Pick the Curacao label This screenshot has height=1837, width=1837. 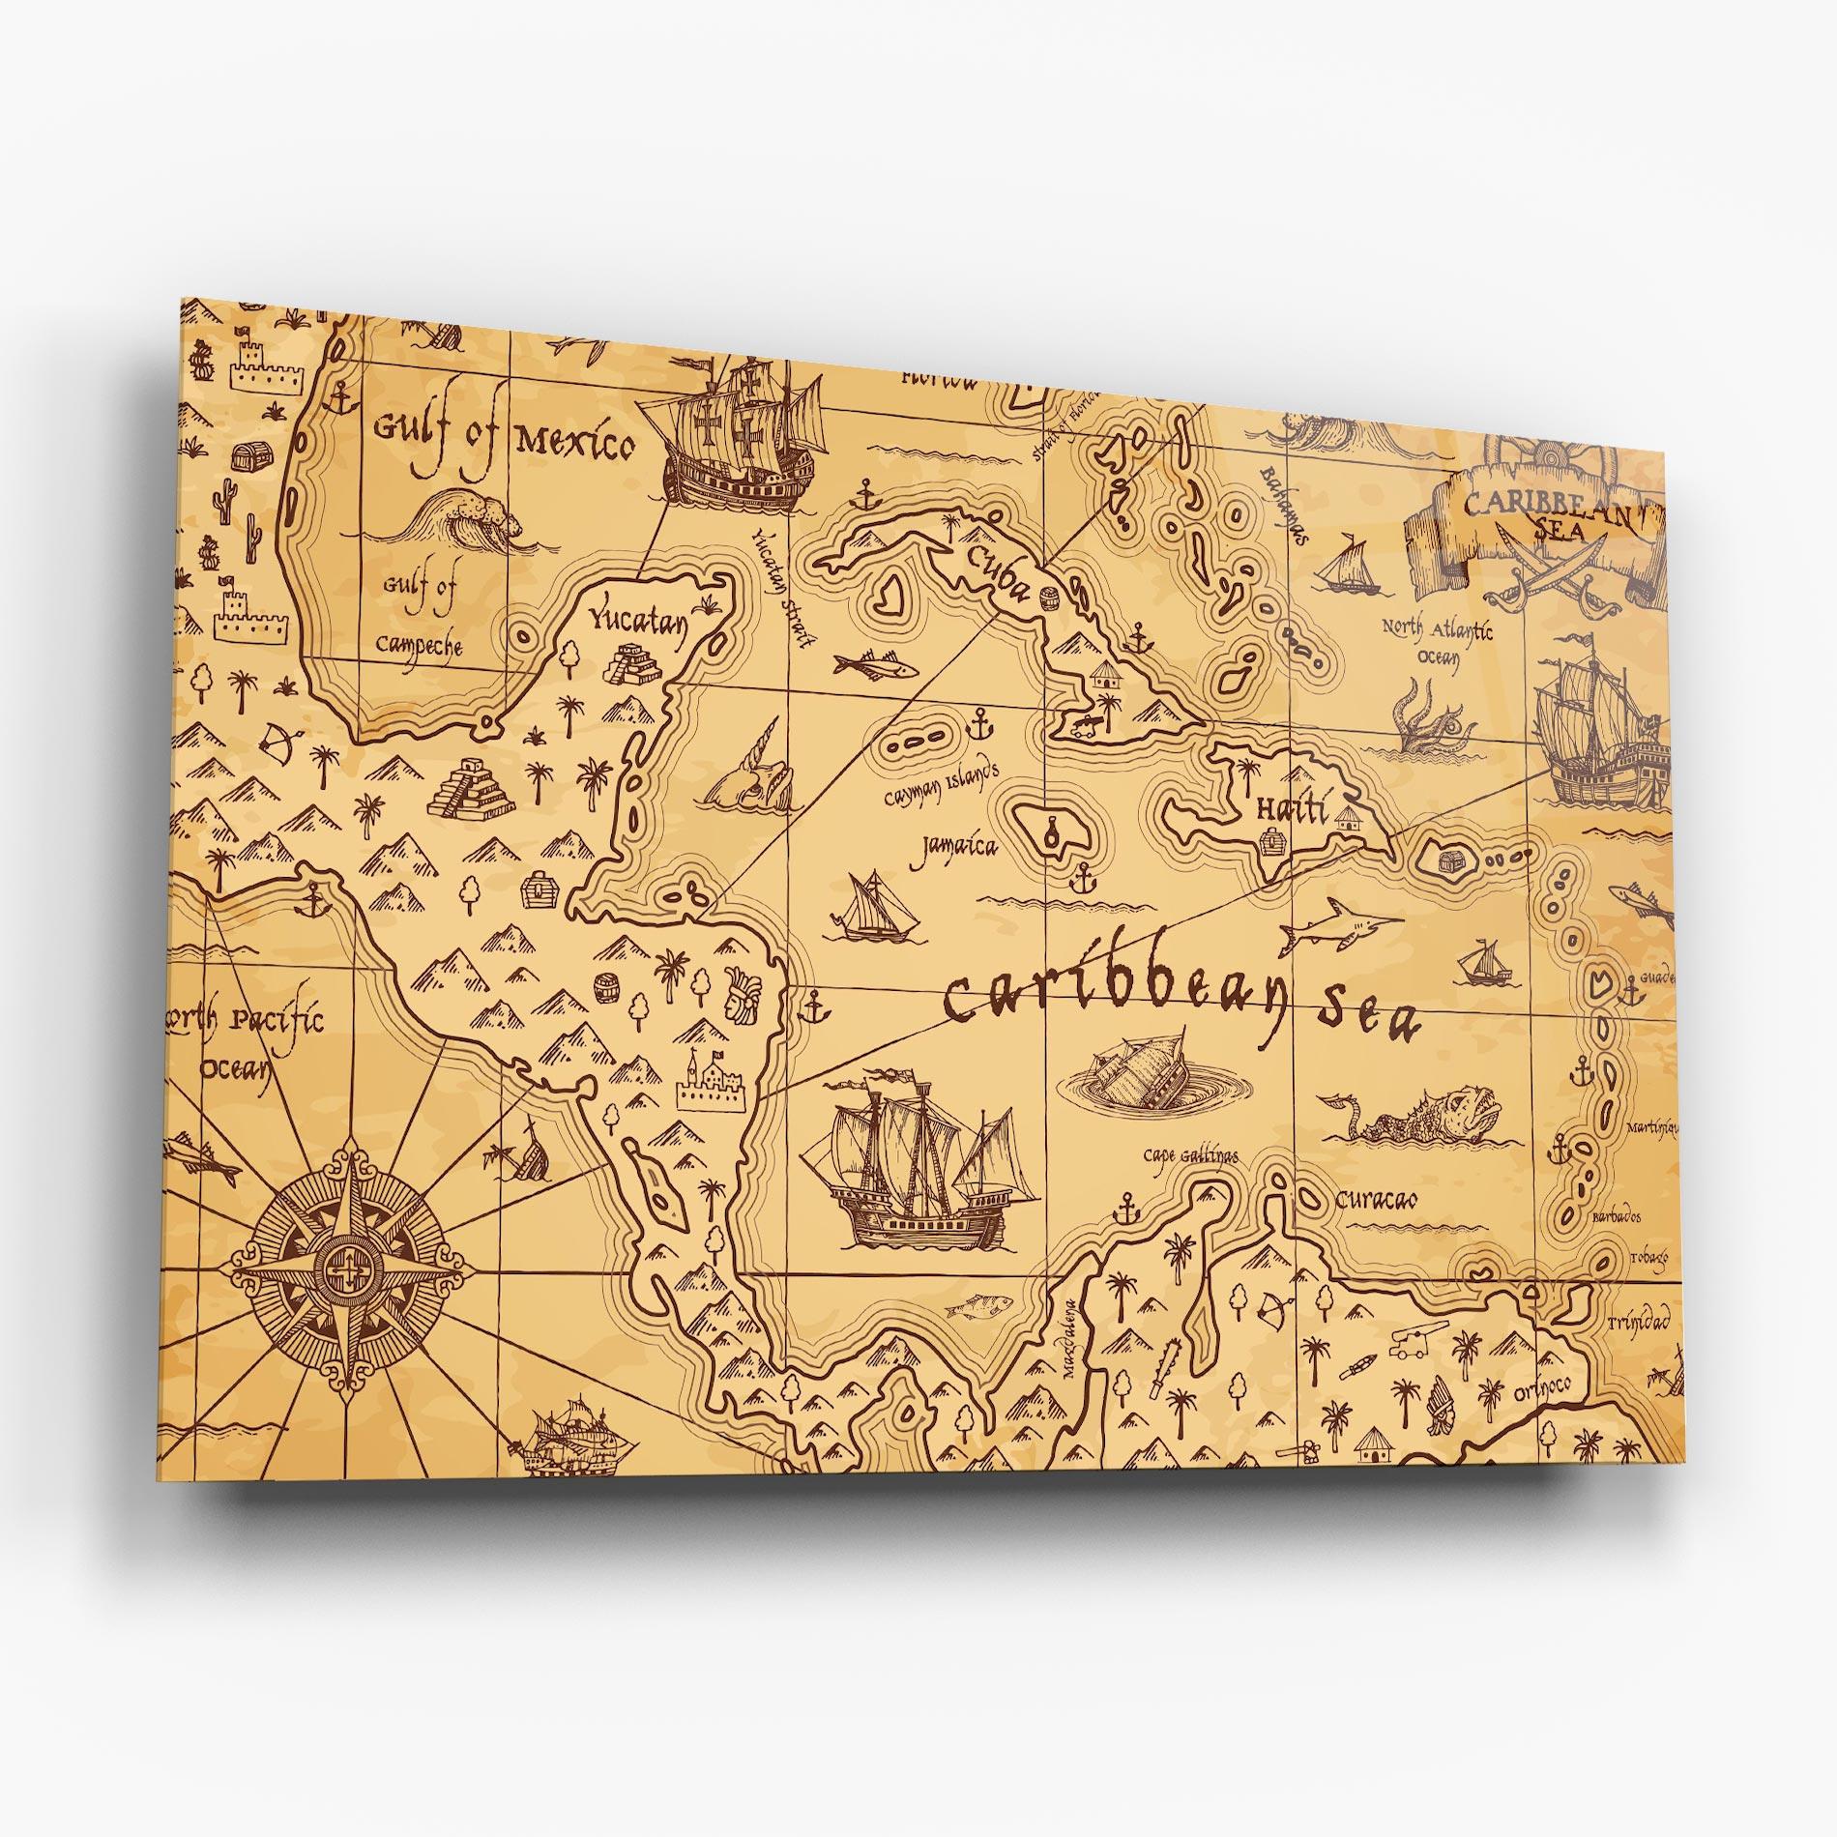(x=1376, y=1200)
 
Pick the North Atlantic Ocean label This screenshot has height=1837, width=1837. (x=1436, y=643)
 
